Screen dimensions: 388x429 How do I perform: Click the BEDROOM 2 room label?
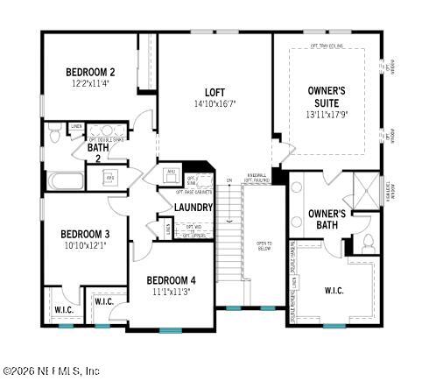click(x=90, y=72)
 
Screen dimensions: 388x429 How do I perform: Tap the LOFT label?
click(x=214, y=92)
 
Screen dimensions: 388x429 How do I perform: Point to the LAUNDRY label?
click(x=193, y=208)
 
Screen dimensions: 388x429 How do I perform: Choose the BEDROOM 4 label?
click(x=171, y=279)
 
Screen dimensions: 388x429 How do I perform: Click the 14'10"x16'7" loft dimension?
click(x=214, y=103)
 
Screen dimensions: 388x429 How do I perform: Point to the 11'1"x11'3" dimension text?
click(x=171, y=291)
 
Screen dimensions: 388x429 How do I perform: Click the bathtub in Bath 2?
click(x=66, y=182)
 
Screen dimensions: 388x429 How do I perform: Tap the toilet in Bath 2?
click(x=54, y=134)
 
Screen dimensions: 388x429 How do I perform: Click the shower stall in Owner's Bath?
click(x=363, y=188)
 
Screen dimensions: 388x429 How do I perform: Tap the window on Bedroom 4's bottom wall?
click(x=172, y=329)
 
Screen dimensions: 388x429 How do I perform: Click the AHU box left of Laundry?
click(x=172, y=172)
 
